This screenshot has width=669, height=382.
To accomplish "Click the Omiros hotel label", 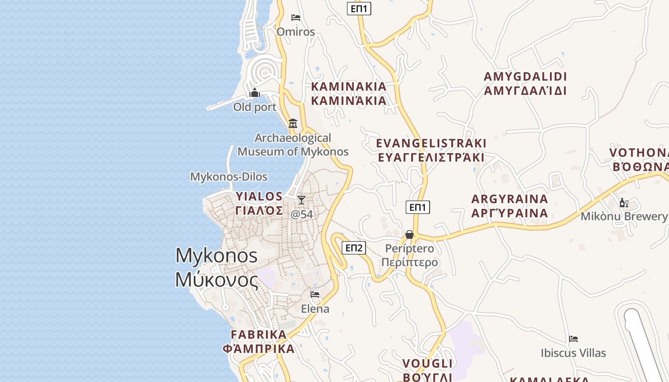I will coord(296,32).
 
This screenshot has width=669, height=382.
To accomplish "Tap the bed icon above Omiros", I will coord(296,18).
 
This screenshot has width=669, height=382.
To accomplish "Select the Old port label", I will coord(255,107).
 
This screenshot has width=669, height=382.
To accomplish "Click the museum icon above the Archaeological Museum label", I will coord(293,124).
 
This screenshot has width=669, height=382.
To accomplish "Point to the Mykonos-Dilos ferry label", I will coord(229,177).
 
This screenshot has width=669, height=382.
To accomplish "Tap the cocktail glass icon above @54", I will coord(302,200).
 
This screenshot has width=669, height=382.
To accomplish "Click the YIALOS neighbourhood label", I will coord(259,203).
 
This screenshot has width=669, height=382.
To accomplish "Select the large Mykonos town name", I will coord(216,267).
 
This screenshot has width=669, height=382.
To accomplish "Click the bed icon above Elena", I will coord(315,294).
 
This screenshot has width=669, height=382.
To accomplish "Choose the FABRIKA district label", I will coord(259,341).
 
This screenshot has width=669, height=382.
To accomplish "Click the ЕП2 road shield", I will coord(354,247).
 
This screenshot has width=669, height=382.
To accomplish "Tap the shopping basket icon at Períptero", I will coord(410,234).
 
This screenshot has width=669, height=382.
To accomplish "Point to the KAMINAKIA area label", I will coord(349,94).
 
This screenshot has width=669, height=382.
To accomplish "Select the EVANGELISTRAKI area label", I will coord(431,150).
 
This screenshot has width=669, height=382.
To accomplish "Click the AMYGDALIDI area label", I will coord(525,84).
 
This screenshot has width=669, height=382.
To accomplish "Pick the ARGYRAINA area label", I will coord(509,206).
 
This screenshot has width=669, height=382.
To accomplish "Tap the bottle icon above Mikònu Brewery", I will coord(624,203).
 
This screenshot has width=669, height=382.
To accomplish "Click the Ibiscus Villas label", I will coord(573,353).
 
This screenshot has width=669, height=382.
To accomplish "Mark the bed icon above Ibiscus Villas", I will coord(573,339).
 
